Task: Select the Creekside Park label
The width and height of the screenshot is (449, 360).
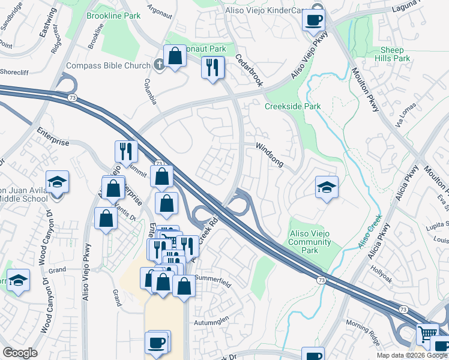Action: (x=293, y=106)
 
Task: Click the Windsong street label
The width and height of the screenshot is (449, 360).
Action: (x=268, y=154)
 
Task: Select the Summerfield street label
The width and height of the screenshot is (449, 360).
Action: (x=212, y=280)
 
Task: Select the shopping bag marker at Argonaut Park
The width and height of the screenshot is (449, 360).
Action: (x=175, y=57)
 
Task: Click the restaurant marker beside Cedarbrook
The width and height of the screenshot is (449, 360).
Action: (x=212, y=67)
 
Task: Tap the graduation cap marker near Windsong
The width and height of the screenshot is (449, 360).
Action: (x=327, y=188)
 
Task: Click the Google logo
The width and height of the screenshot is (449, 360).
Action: (x=20, y=353)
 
